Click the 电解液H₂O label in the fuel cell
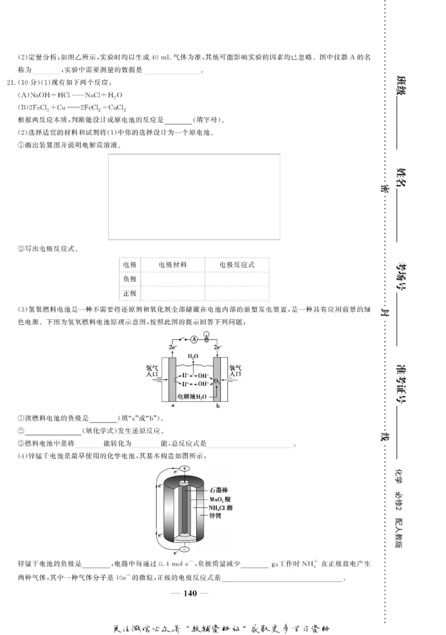pos(192,396)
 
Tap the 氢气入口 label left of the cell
pos(152,371)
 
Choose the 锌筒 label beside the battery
pos(216,516)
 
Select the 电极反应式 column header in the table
pos(236,265)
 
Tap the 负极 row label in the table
pos(129,279)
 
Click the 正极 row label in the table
pos(129,293)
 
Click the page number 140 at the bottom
pos(190,593)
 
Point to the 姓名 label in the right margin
pos(401,178)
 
